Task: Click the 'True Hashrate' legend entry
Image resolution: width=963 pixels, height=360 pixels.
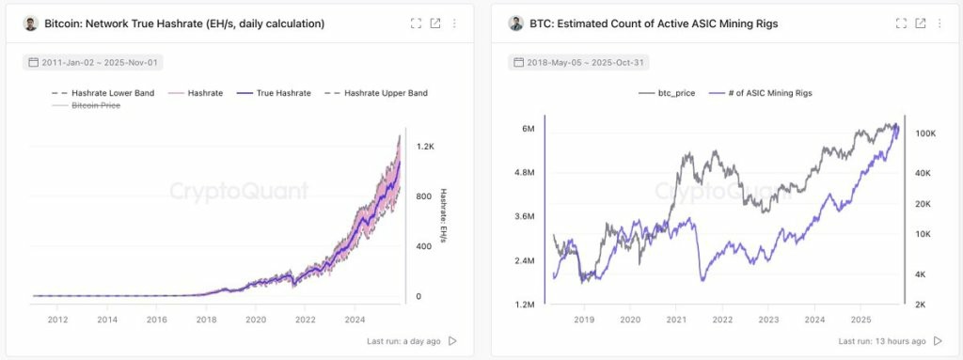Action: click(273, 93)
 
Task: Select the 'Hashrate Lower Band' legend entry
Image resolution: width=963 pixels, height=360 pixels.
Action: click(103, 93)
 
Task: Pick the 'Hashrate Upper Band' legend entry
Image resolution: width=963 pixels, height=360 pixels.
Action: click(375, 93)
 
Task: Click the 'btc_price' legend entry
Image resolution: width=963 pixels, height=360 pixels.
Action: click(667, 93)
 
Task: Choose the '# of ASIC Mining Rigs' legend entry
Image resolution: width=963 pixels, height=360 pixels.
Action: click(761, 93)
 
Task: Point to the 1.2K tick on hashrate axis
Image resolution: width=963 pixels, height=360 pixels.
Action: click(425, 147)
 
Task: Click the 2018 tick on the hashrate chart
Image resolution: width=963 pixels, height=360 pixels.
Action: click(206, 320)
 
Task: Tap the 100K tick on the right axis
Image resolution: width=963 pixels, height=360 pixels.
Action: click(925, 133)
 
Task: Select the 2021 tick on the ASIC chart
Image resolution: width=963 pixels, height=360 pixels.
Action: click(676, 321)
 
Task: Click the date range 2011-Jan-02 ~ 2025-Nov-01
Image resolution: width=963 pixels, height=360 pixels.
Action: click(93, 63)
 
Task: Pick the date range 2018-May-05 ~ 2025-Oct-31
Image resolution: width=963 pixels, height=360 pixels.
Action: click(578, 63)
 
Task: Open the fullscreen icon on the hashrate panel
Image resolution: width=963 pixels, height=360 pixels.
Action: click(416, 23)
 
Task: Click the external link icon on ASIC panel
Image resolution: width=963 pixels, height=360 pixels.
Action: click(921, 23)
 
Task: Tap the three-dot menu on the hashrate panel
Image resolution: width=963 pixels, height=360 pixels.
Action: click(454, 23)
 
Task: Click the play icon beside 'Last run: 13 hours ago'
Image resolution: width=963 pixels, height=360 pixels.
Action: click(938, 341)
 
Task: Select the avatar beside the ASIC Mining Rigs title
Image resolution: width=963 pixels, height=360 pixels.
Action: click(516, 23)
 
